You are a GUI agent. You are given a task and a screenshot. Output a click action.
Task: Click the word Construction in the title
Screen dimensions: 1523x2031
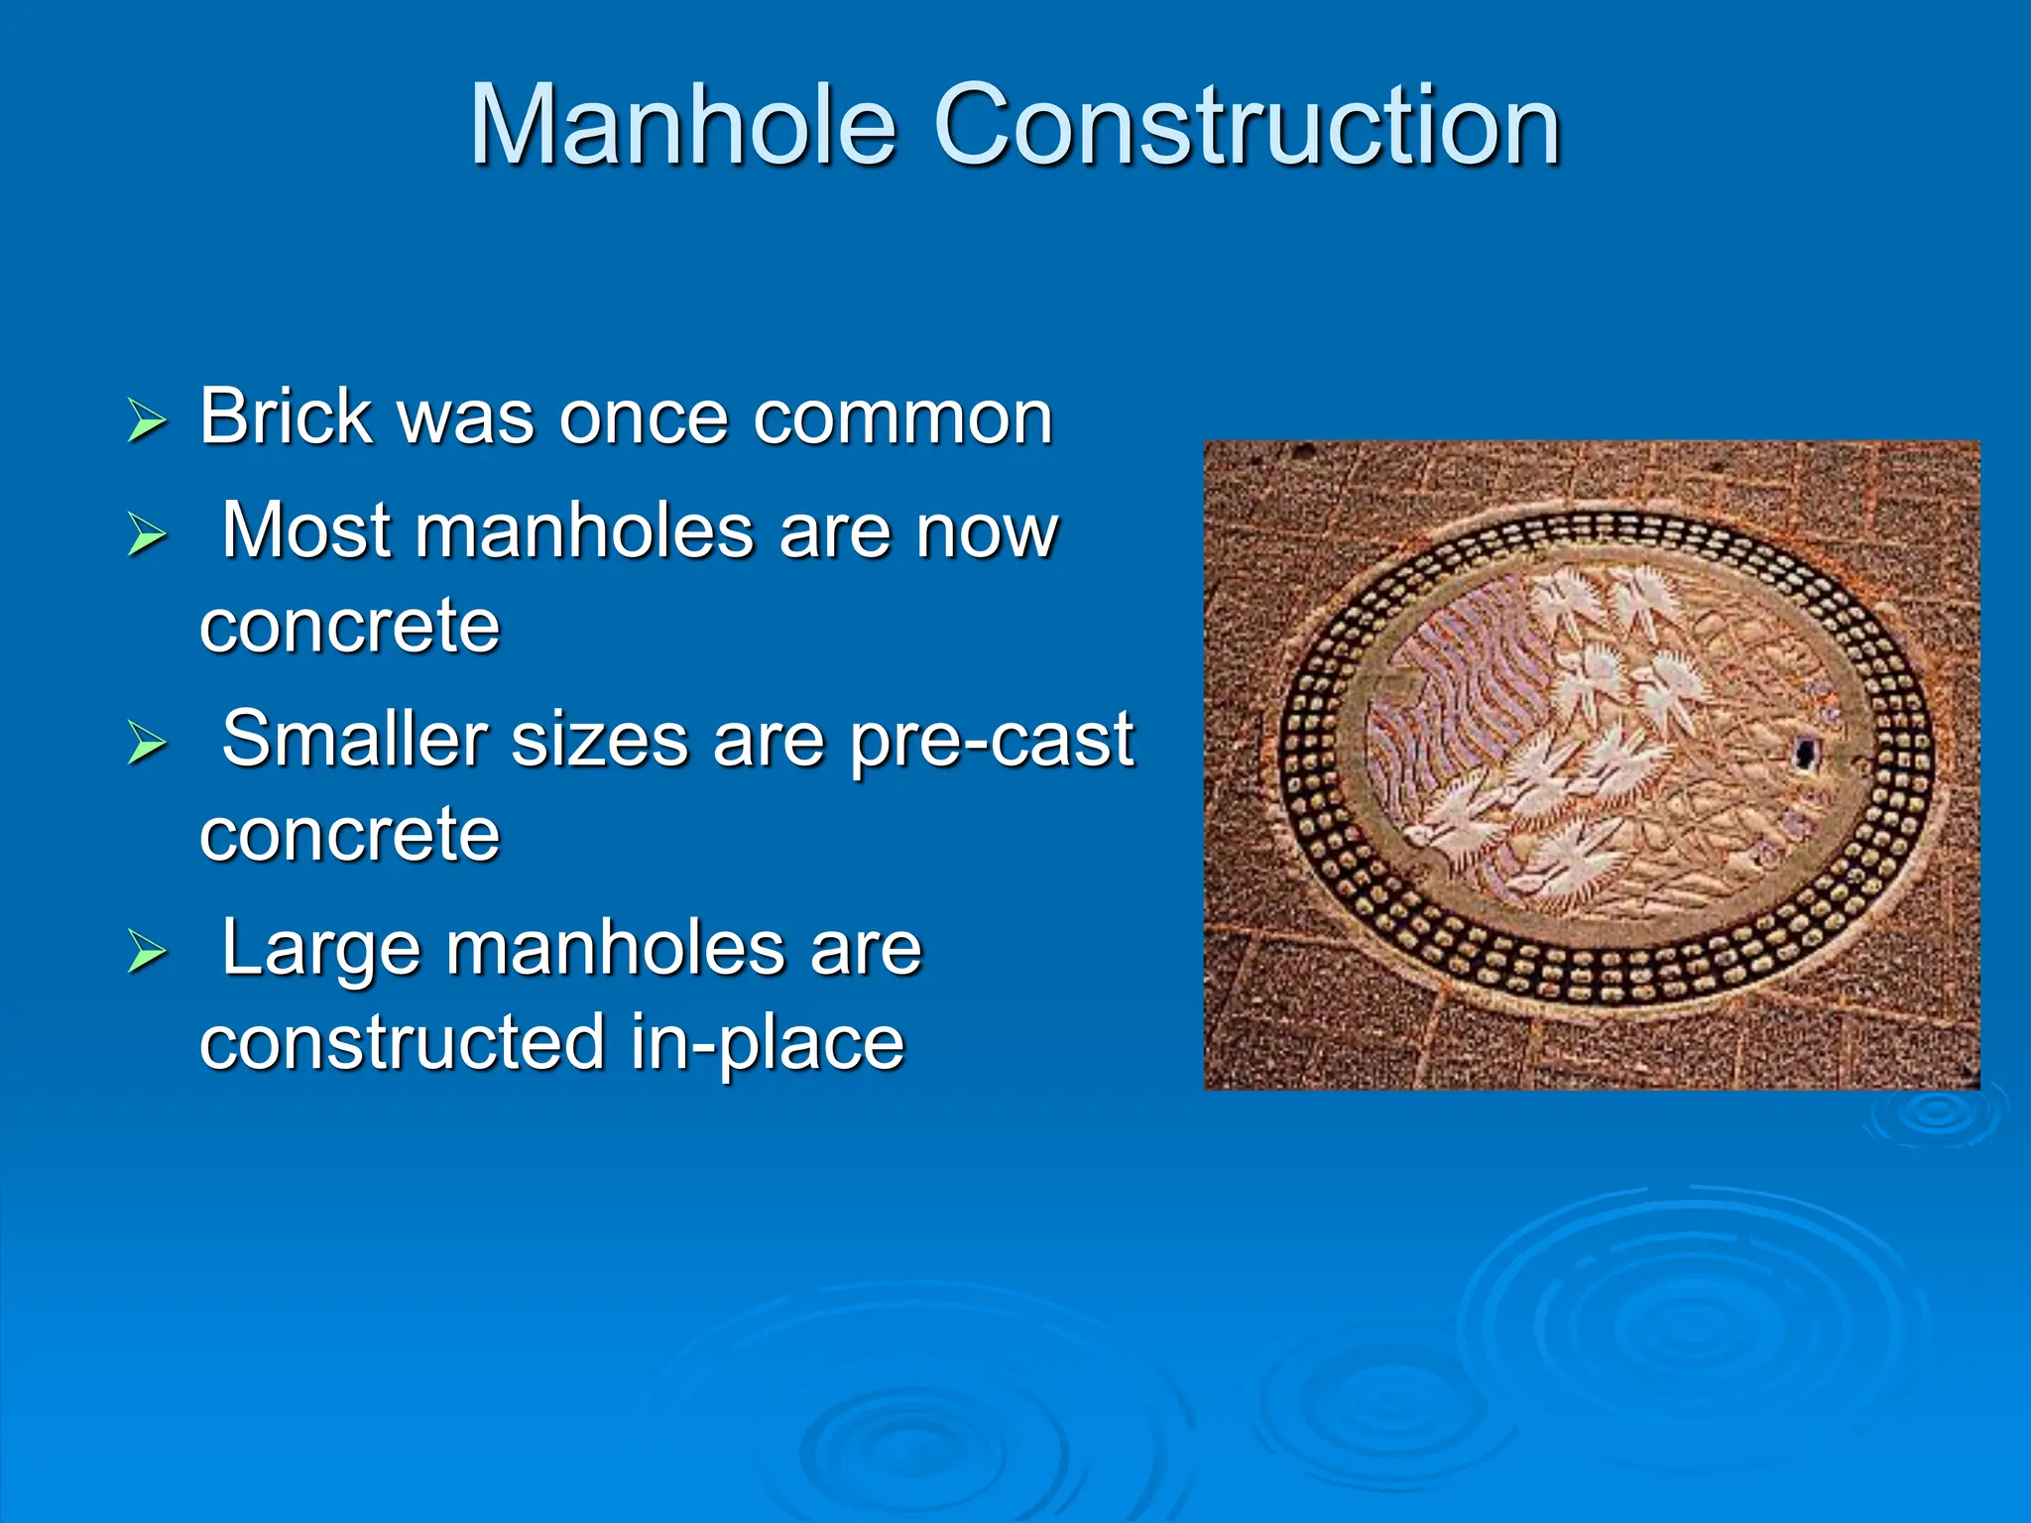pos(1247,126)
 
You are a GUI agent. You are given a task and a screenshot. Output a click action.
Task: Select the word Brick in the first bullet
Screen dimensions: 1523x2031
pos(285,416)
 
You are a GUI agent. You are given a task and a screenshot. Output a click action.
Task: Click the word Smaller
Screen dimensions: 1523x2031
pos(355,739)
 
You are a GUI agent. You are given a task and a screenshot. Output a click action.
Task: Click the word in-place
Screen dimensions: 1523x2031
pos(768,1043)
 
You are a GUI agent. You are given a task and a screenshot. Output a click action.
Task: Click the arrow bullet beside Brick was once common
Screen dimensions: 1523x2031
pos(147,420)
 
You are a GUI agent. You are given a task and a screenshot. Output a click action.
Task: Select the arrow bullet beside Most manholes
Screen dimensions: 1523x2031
pos(147,534)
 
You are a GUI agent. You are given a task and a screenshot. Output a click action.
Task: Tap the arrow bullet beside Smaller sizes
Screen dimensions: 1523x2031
pos(147,744)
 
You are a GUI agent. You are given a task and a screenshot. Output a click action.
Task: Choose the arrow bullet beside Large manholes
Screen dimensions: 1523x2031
pos(147,952)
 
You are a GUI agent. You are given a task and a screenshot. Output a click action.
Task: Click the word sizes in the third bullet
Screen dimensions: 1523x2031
pos(599,740)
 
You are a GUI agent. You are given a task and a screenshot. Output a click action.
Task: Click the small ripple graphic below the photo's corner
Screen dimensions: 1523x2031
pos(1934,1115)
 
